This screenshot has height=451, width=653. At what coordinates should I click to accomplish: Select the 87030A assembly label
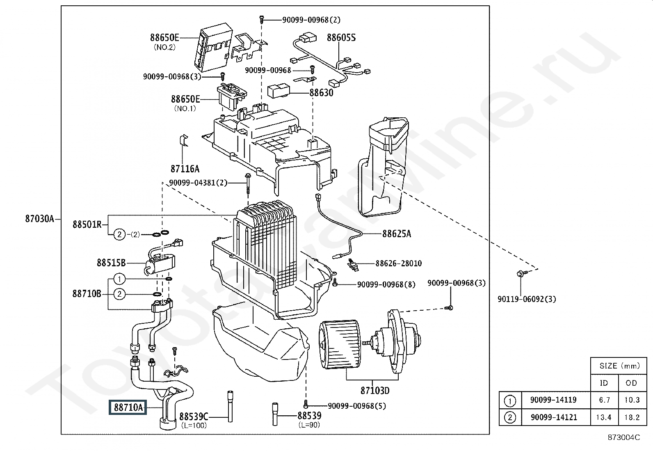point(40,218)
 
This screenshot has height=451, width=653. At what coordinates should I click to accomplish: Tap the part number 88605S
point(341,38)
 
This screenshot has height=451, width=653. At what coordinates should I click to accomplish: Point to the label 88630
point(321,93)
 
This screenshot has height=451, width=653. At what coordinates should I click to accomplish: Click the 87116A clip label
point(185,169)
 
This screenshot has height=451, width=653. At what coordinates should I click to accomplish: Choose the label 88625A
point(397,234)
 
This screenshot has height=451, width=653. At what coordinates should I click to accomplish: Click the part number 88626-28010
point(399,263)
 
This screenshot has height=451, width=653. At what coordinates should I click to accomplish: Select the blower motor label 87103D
point(375,390)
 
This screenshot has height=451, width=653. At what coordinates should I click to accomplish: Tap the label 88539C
point(194,416)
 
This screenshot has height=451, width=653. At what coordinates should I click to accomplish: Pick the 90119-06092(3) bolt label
point(527,299)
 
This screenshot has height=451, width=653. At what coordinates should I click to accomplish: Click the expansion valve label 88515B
point(111,263)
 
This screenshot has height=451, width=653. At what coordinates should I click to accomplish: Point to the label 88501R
point(87,224)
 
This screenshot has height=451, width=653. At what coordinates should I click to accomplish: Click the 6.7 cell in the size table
point(604,400)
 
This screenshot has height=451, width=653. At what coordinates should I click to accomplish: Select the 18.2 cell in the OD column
point(632,417)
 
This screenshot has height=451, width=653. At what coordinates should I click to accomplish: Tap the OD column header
point(631,383)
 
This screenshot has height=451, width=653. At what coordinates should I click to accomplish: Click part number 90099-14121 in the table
point(554,417)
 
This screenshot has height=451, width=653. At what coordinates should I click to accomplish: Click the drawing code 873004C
point(624,437)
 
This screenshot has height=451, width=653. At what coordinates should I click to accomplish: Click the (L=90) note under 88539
point(309,425)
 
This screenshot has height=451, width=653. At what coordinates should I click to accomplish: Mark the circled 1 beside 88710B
point(119,279)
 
